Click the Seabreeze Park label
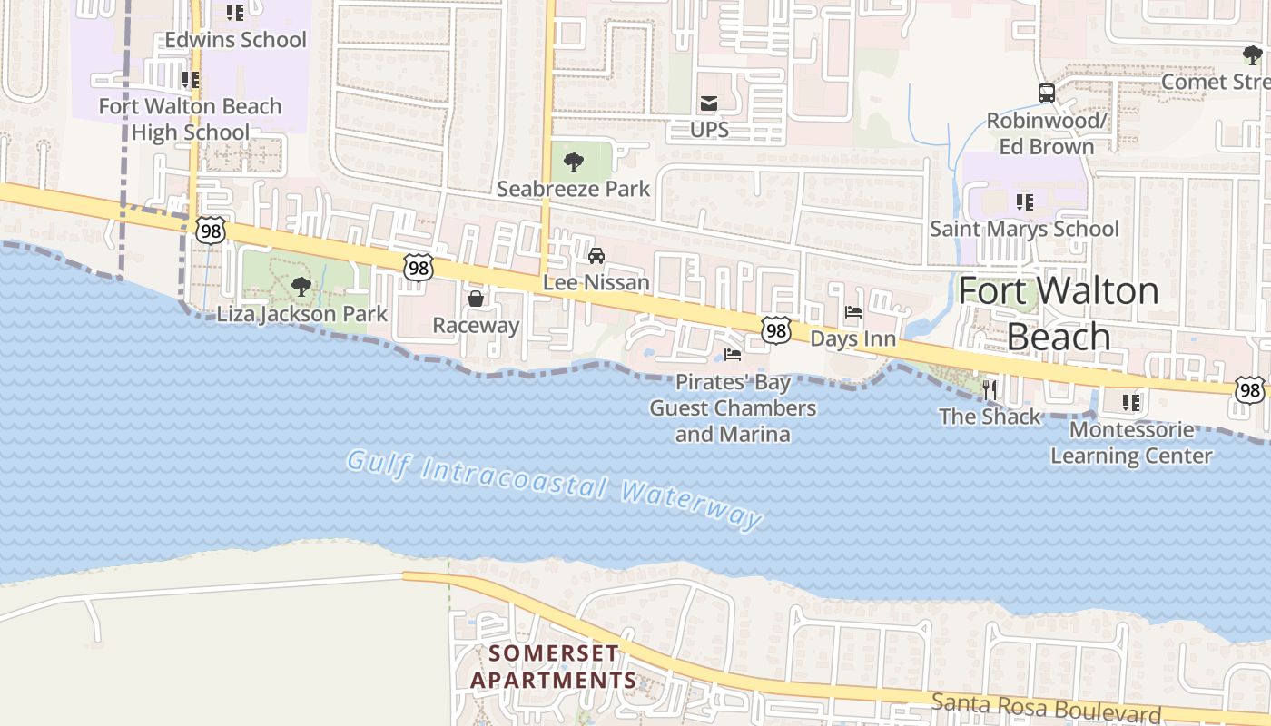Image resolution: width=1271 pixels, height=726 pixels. (x=573, y=189)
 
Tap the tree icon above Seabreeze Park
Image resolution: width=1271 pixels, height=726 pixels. (x=573, y=163)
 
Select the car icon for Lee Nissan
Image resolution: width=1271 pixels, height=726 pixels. (x=596, y=256)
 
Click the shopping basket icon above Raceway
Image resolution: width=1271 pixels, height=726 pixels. (x=476, y=299)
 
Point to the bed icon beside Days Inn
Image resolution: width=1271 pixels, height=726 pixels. (x=853, y=313)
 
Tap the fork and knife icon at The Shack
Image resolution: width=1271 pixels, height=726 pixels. (x=990, y=390)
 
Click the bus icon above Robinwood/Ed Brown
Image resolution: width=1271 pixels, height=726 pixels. (x=1047, y=93)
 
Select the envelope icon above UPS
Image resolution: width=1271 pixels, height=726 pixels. (x=709, y=103)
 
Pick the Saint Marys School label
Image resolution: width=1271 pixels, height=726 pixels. (x=1024, y=229)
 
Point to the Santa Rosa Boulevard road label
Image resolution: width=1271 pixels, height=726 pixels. (x=1046, y=705)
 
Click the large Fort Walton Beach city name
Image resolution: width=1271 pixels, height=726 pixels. (x=1059, y=314)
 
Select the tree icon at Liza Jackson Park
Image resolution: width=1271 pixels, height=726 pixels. (x=301, y=288)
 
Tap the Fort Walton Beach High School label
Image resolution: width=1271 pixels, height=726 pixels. (x=190, y=119)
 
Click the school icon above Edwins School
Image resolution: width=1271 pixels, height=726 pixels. (x=235, y=13)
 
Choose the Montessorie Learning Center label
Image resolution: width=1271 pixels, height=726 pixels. (x=1131, y=442)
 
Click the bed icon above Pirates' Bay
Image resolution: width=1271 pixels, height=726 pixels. (x=733, y=355)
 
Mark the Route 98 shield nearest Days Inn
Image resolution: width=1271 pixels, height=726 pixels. (x=776, y=330)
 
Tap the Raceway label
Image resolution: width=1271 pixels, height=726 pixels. (x=476, y=326)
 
